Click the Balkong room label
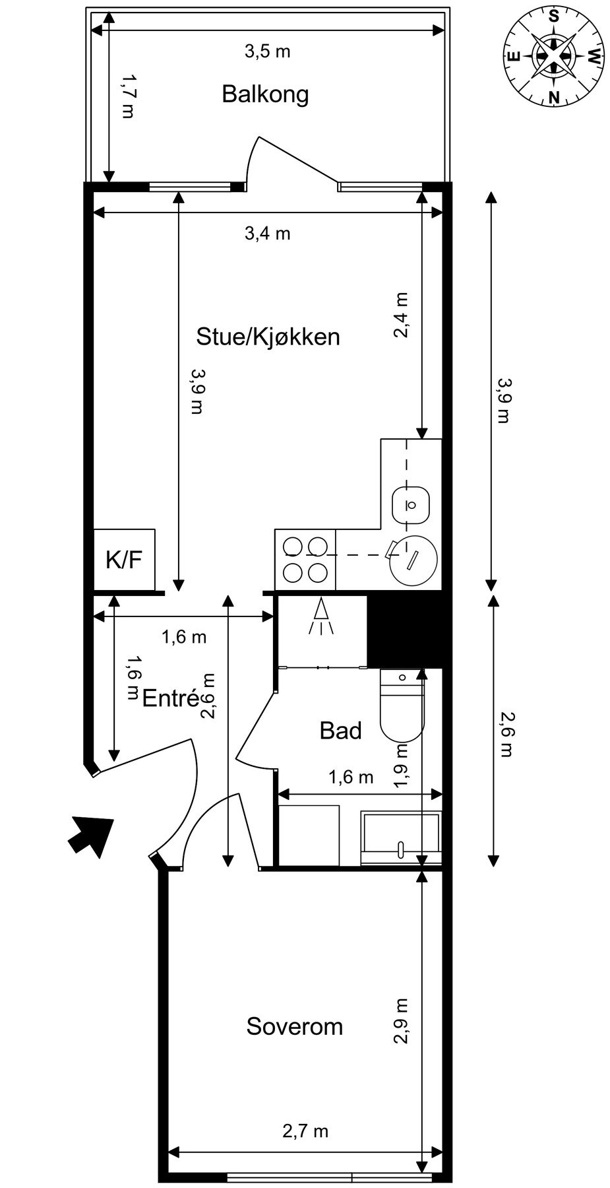[265, 94]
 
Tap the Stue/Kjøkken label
[268, 337]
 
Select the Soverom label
[294, 1026]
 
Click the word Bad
[340, 731]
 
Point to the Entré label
[170, 698]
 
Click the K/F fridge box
[125, 560]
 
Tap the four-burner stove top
[305, 560]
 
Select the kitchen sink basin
[410, 506]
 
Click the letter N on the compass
[554, 98]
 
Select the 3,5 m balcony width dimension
[267, 51]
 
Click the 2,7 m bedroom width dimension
[305, 1131]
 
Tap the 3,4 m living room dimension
[267, 233]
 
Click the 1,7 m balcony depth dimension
[127, 96]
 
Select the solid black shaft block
[404, 630]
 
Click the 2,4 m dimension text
[401, 315]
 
